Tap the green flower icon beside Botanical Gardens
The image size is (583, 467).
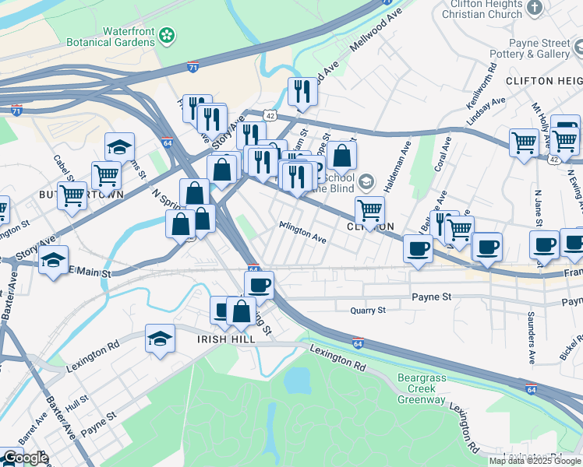[167, 35]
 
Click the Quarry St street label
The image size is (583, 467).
[366, 310]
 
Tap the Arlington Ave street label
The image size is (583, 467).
[302, 232]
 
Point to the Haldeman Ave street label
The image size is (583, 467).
[405, 164]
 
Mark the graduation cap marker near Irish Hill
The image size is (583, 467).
[160, 339]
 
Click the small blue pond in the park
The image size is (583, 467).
[296, 380]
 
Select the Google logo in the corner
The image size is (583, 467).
[25, 458]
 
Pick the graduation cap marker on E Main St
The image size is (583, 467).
[53, 261]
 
